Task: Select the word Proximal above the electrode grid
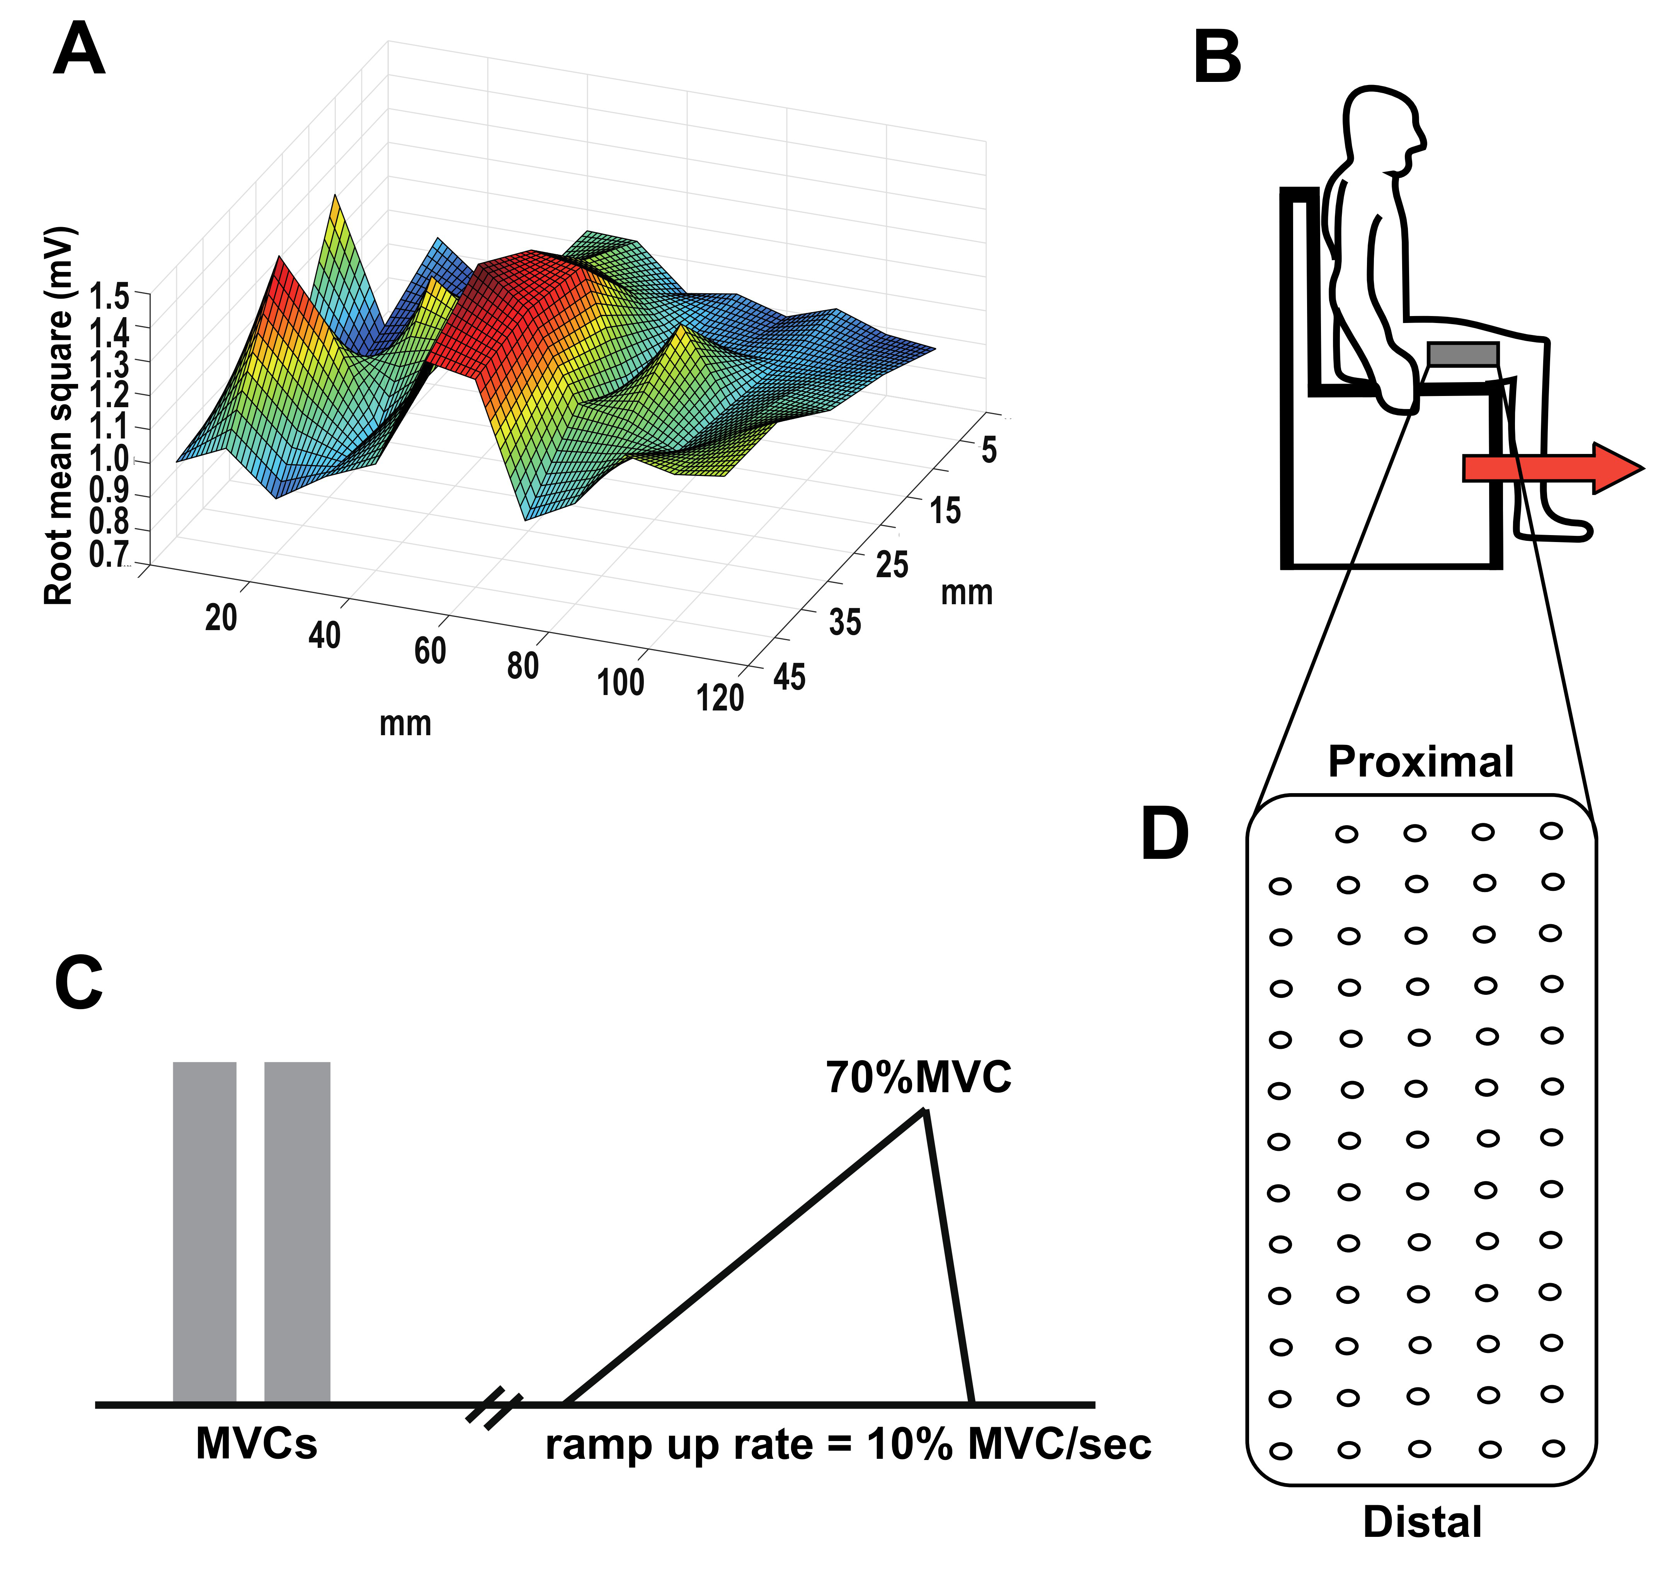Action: tap(1421, 762)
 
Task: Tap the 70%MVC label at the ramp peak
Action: tap(919, 1077)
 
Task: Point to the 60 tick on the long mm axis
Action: tap(430, 650)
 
